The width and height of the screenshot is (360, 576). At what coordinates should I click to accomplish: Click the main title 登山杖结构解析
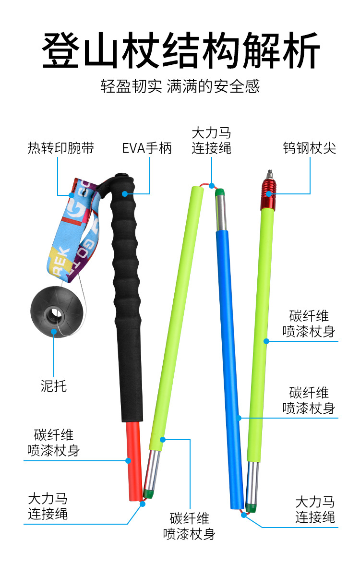tap(180, 50)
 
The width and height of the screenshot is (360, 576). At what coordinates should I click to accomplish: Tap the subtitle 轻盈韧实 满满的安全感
tap(180, 86)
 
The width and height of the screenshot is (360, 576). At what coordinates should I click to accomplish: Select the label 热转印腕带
tap(61, 148)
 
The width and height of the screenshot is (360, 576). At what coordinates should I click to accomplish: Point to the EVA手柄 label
tap(146, 148)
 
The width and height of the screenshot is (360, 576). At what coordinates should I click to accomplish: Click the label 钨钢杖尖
tap(309, 148)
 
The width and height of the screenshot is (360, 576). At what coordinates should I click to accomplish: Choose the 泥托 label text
tap(54, 385)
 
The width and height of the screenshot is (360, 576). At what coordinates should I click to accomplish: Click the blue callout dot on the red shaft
tap(128, 460)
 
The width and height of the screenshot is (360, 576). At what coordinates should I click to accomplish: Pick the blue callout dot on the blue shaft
tap(239, 418)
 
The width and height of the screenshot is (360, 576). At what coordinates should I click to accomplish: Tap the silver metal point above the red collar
tap(270, 172)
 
